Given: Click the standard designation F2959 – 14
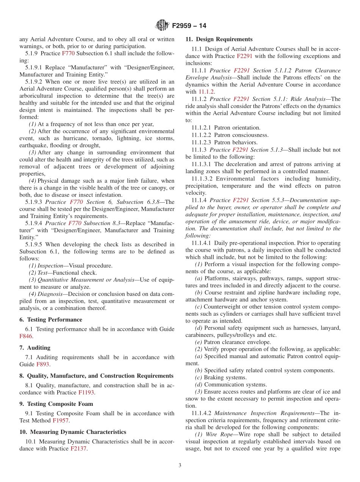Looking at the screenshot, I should click(x=189, y=26).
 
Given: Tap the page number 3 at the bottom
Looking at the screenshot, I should click(x=180, y=465).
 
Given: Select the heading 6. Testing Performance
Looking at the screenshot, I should click(x=51, y=319).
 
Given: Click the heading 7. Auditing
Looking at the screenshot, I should click(x=35, y=347).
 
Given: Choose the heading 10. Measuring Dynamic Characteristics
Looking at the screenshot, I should click(x=73, y=432).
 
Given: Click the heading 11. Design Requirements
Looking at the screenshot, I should click(x=219, y=39).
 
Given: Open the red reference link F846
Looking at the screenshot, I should click(x=26, y=336).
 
